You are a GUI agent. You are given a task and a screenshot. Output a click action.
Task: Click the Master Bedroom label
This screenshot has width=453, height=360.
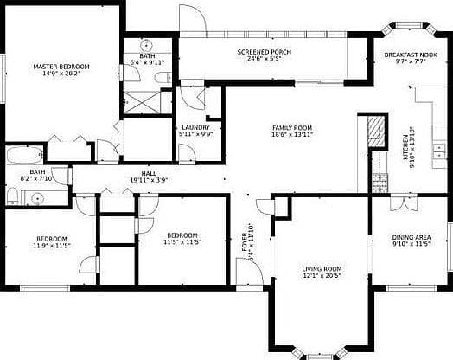coord(61,67)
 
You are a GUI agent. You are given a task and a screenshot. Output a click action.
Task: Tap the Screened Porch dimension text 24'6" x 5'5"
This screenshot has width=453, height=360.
coord(264,59)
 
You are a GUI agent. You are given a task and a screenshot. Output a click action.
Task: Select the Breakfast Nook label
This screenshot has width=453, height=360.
coord(411,55)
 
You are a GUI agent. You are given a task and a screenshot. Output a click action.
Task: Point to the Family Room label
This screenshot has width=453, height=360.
coord(292,128)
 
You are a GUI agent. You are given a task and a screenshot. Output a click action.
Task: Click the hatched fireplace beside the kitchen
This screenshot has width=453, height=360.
coord(376,131)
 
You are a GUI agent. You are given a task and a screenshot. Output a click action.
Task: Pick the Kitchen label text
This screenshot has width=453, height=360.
coord(405,147)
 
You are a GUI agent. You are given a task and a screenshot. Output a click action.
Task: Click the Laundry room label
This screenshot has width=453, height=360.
coord(195,127)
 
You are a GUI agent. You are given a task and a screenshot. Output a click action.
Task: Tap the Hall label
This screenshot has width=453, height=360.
coord(149,173)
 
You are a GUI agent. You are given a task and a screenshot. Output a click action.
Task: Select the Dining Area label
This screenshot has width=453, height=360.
coord(412,237)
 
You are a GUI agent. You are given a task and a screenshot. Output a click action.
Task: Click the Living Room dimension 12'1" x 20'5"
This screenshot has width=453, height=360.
coord(322,275)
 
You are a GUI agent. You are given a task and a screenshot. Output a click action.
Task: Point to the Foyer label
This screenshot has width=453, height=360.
coord(245,242)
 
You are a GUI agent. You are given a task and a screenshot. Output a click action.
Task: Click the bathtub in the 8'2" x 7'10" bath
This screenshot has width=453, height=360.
coord(24,155)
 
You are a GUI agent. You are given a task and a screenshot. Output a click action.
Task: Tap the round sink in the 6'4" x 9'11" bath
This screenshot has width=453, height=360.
coord(146,45)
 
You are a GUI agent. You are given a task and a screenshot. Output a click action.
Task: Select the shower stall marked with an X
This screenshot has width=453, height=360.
coord(142,102)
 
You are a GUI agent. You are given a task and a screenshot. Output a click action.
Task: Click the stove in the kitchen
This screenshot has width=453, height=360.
coord(380,183)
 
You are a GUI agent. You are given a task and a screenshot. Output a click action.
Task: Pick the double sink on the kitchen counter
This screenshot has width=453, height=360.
coord(439,151)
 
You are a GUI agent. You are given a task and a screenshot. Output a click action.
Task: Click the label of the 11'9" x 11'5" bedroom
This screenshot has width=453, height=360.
coord(52,239)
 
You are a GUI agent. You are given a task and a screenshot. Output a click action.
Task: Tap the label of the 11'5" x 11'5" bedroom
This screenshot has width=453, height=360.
coord(182,235)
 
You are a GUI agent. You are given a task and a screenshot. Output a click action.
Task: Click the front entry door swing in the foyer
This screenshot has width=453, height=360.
coord(250,272)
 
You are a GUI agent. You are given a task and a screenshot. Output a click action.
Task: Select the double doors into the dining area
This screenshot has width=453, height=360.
coord(404,203)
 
